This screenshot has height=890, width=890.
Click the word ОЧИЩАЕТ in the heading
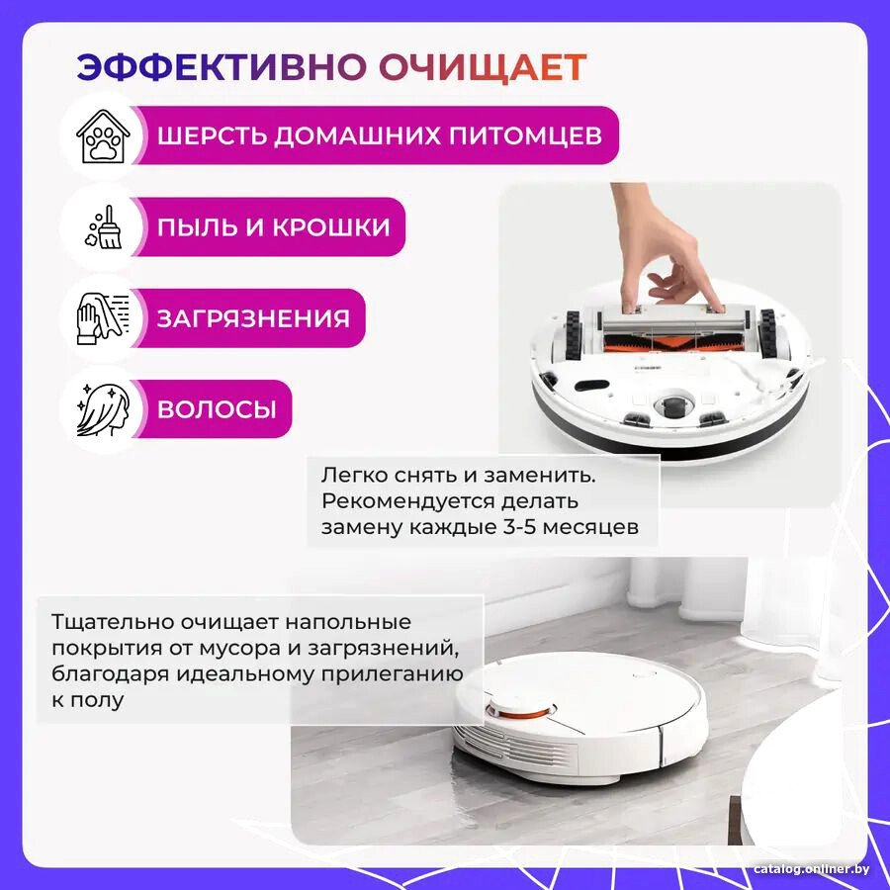(483, 68)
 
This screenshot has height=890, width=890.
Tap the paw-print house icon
(103, 136)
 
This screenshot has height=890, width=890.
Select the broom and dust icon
(103, 227)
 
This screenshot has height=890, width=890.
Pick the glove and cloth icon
(103, 318)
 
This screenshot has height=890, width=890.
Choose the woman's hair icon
(103, 409)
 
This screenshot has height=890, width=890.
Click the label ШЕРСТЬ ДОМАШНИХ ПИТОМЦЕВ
(379, 136)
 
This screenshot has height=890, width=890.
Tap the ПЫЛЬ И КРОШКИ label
(274, 227)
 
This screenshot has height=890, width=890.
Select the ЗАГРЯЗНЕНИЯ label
(253, 318)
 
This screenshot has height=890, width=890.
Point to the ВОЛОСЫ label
(217, 409)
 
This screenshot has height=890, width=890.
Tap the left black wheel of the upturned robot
(574, 335)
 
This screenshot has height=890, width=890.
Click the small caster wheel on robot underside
(673, 404)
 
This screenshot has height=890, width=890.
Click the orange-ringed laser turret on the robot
(520, 708)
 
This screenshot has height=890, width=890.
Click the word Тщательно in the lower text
(112, 623)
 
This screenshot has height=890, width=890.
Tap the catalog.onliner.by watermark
(812, 869)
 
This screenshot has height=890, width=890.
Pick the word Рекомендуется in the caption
(400, 501)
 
